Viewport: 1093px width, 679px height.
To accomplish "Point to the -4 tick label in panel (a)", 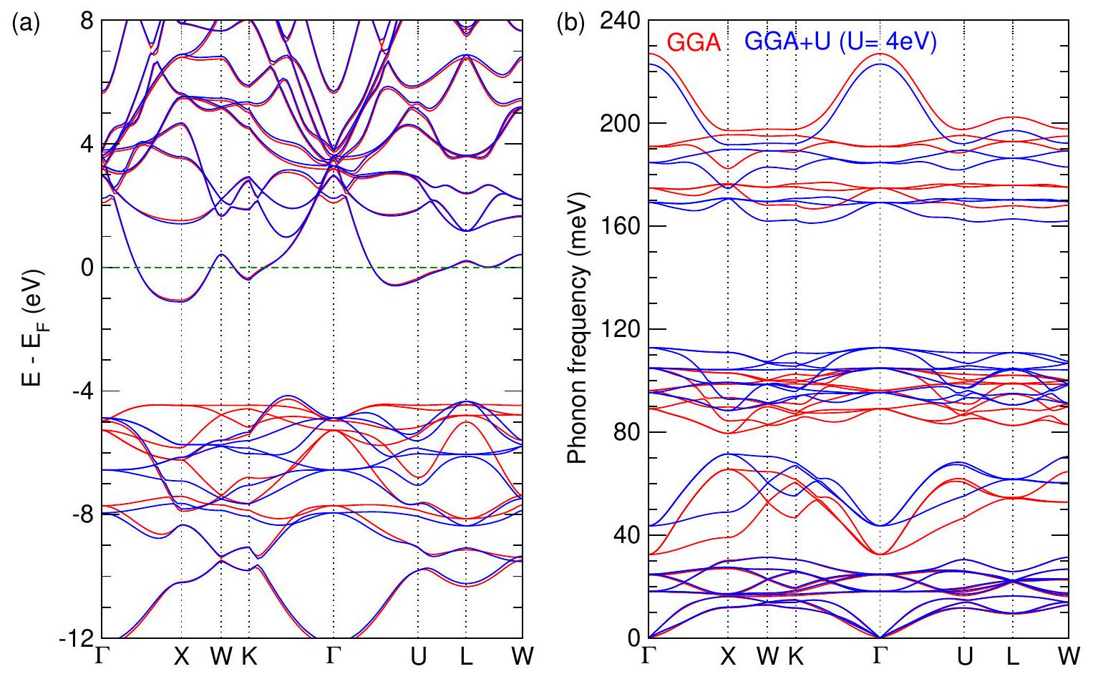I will pyautogui.click(x=84, y=391).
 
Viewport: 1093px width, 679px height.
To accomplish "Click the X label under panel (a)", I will pyautogui.click(x=182, y=658).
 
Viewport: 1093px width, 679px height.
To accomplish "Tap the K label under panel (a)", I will pyautogui.click(x=248, y=658).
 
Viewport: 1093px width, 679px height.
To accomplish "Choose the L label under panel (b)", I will pyautogui.click(x=1013, y=658).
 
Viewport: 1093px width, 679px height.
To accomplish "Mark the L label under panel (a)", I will pyautogui.click(x=466, y=658).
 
